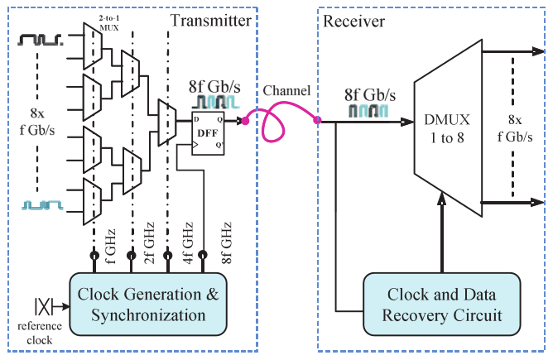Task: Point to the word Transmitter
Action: (x=214, y=19)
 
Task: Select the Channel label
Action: (x=285, y=90)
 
